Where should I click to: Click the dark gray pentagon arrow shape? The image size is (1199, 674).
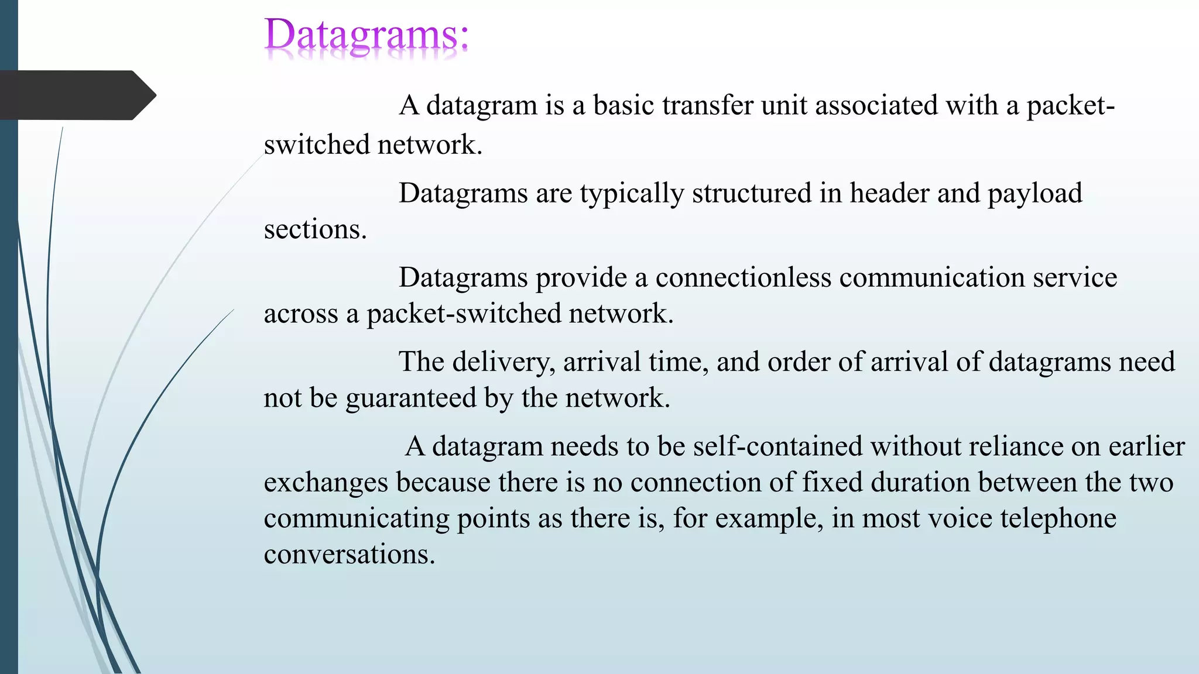(76, 95)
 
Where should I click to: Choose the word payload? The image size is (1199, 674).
(1034, 194)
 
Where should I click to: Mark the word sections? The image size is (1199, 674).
(315, 229)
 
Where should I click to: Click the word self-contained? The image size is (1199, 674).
(778, 446)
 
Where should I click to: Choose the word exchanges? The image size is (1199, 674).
(326, 483)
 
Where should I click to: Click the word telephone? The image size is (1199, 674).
(1058, 519)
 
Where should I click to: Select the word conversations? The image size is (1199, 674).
(350, 555)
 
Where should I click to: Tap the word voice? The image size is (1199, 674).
(960, 519)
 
